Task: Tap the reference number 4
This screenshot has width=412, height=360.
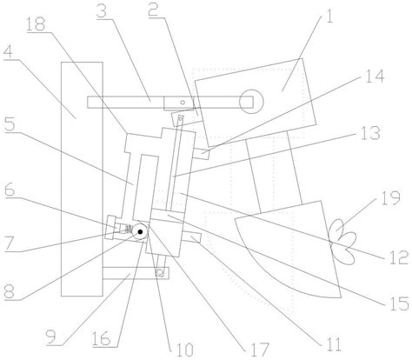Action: click(8, 52)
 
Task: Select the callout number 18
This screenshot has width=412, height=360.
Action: click(36, 24)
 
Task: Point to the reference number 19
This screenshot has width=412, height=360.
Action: click(391, 198)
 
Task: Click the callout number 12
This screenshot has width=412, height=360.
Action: click(400, 257)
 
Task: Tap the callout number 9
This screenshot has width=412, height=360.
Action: click(51, 337)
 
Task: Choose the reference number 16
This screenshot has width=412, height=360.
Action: click(101, 338)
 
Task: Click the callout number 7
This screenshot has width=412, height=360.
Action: click(9, 244)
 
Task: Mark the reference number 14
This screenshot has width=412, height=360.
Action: click(375, 77)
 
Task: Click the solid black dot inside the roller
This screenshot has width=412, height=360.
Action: click(140, 231)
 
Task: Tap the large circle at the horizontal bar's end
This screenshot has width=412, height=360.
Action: click(251, 102)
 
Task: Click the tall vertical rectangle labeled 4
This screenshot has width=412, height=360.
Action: click(82, 179)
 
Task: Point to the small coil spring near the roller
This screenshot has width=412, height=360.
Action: click(129, 229)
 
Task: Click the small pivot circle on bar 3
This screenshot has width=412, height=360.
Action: click(183, 102)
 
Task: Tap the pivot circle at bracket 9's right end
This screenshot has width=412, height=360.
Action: click(159, 272)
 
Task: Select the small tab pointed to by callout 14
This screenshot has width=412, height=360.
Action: click(201, 153)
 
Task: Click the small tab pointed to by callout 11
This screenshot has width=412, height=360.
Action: click(192, 237)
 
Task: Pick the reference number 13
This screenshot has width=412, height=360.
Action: click(370, 133)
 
